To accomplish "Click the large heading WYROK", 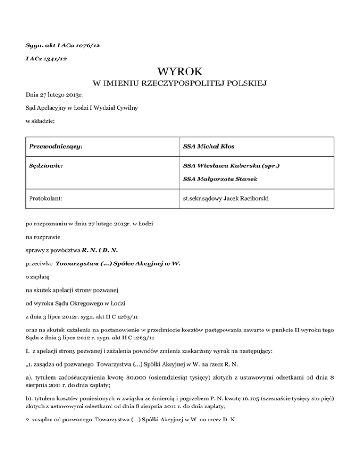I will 180,72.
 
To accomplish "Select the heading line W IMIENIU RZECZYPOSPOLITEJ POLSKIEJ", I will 180,84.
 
